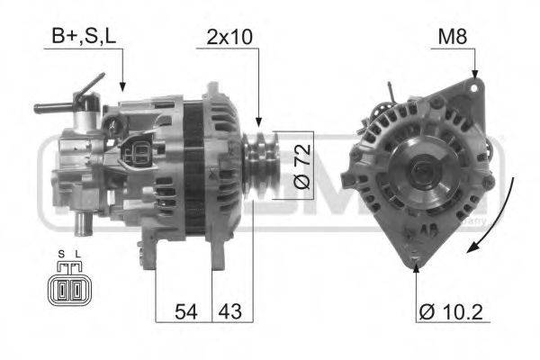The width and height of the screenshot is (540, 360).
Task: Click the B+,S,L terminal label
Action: click(x=82, y=38)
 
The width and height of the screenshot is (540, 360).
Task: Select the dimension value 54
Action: click(x=184, y=313)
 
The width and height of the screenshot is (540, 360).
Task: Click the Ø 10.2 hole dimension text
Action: click(x=452, y=313)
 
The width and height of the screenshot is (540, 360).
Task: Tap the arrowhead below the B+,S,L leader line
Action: click(x=122, y=87)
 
